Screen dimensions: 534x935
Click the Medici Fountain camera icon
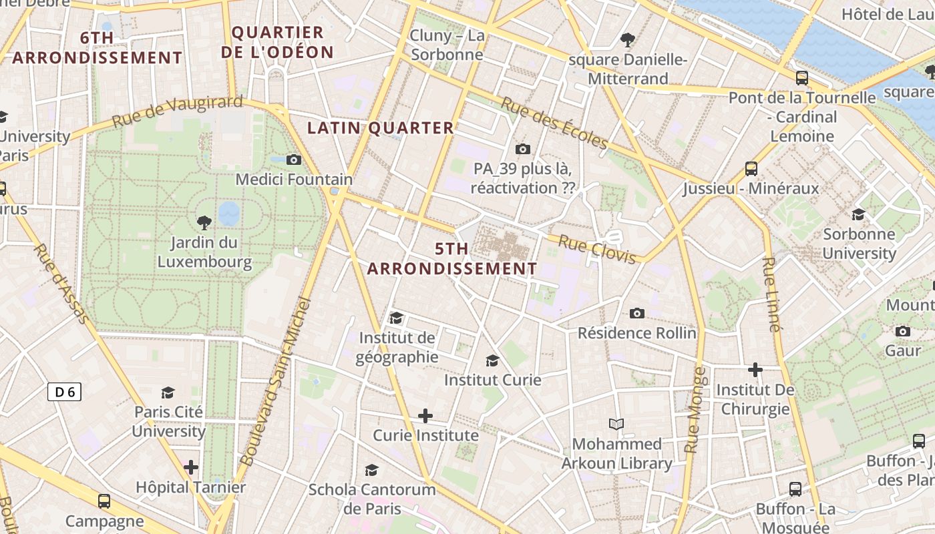[x=293, y=160]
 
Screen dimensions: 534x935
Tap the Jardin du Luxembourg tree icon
[x=204, y=222]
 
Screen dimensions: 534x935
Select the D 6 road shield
[x=65, y=392]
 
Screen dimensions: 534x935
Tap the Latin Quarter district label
[x=380, y=128]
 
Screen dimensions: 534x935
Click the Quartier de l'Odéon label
[x=282, y=42]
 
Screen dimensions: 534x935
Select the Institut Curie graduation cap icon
[x=492, y=360]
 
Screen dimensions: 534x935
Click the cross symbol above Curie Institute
[x=425, y=416]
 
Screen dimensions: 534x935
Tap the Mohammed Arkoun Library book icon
[x=616, y=424]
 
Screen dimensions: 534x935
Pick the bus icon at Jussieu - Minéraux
[x=751, y=168]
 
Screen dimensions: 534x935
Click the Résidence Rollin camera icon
[x=637, y=313]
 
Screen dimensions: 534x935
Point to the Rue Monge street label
[x=695, y=410]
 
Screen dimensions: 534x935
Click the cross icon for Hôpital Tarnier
[x=191, y=467]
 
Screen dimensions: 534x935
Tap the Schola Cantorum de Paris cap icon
[x=371, y=470]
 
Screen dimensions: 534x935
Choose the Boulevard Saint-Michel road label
[x=275, y=382]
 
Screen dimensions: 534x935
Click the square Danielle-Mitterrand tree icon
[x=627, y=40]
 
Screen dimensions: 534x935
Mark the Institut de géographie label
[x=397, y=347]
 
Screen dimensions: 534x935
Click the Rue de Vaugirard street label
[x=177, y=111]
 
